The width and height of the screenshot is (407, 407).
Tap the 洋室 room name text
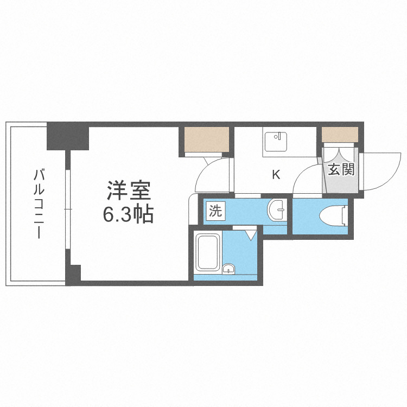click(129, 190)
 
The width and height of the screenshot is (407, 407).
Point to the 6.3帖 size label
click(129, 215)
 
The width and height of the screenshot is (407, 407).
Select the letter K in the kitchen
click(276, 175)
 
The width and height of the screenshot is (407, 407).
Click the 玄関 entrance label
click(341, 170)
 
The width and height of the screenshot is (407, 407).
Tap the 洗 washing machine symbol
click(216, 211)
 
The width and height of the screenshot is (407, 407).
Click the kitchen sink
click(276, 141)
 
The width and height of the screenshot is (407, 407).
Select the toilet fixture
click(335, 215)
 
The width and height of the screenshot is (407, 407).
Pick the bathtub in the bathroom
click(207, 253)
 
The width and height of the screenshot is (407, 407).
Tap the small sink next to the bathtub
click(228, 268)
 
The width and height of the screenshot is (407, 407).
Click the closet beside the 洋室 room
click(206, 139)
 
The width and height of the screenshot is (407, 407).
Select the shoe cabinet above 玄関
click(340, 134)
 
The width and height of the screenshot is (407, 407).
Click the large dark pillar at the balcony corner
click(68, 137)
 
